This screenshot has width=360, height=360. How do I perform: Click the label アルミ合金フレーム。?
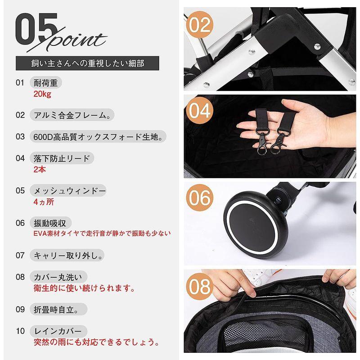(72, 115)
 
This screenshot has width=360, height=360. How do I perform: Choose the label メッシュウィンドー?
(68, 190)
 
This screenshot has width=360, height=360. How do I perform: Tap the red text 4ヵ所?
(44, 202)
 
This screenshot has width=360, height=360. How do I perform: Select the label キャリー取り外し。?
(67, 255)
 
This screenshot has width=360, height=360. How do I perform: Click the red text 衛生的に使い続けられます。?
(84, 288)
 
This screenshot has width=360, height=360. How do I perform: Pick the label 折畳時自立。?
(58, 310)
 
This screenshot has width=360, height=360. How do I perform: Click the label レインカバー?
(58, 331)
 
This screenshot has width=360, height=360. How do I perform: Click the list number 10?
(20, 331)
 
